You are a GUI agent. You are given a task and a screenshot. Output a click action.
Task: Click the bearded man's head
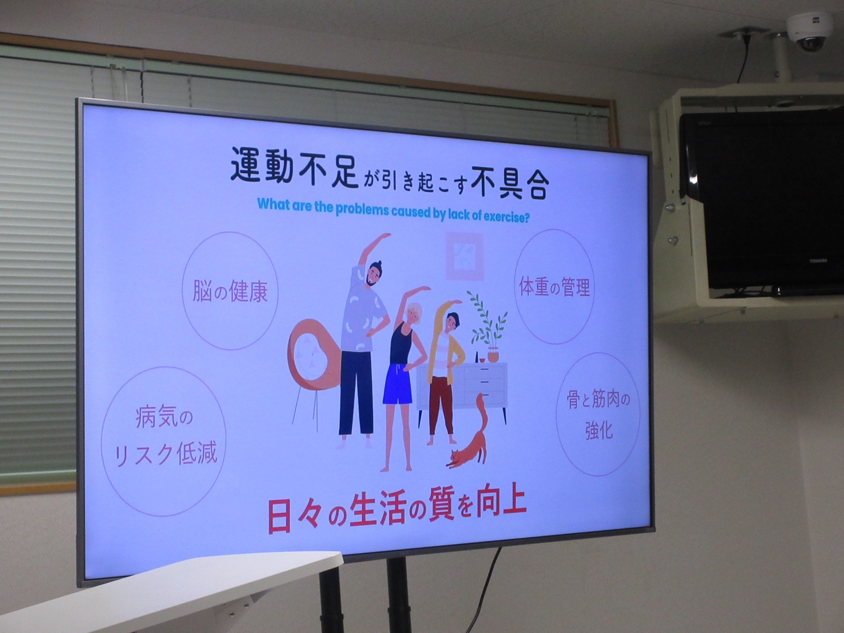click(373, 274)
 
